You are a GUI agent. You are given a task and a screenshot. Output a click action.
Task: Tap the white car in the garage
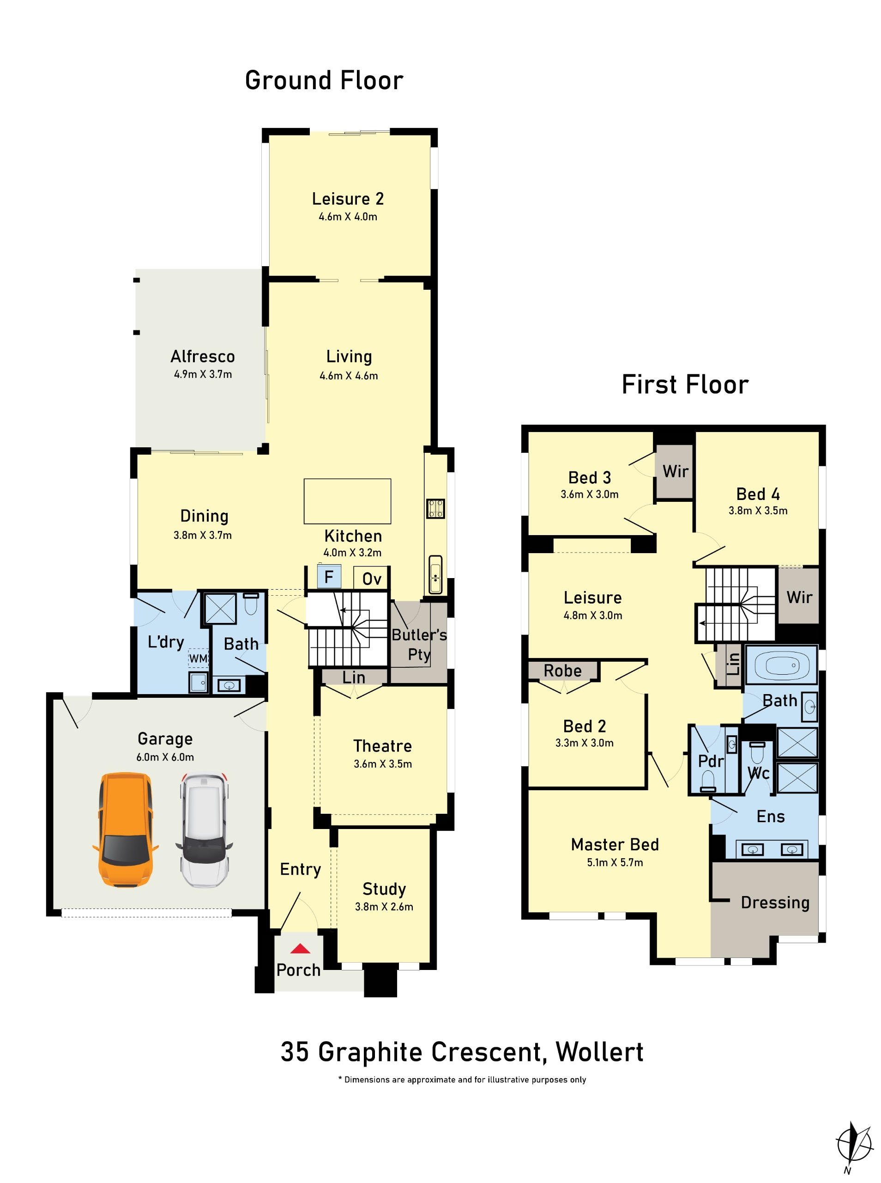pyautogui.click(x=204, y=830)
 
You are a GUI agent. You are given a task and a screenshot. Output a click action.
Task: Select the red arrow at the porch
pyautogui.click(x=300, y=948)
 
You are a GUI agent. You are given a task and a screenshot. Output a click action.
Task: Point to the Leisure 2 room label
pyautogui.click(x=348, y=199)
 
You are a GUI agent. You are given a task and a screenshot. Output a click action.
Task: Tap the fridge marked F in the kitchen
pyautogui.click(x=329, y=576)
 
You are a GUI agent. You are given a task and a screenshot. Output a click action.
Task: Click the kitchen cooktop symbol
pyautogui.click(x=435, y=508)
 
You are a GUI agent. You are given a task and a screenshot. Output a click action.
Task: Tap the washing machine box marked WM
pyautogui.click(x=199, y=659)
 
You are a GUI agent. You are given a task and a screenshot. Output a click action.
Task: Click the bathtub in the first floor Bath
pyautogui.click(x=781, y=665)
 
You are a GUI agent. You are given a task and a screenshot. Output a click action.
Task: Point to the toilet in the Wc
pyautogui.click(x=757, y=753)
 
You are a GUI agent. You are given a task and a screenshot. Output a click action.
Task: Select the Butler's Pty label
pyautogui.click(x=419, y=644)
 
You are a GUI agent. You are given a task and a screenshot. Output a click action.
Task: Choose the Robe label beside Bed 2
pyautogui.click(x=562, y=670)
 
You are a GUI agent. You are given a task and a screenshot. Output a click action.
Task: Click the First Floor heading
pyautogui.click(x=685, y=384)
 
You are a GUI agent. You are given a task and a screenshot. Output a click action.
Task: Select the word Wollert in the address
pyautogui.click(x=599, y=1052)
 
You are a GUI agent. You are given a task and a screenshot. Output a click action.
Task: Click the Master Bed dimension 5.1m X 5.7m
pyautogui.click(x=615, y=862)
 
